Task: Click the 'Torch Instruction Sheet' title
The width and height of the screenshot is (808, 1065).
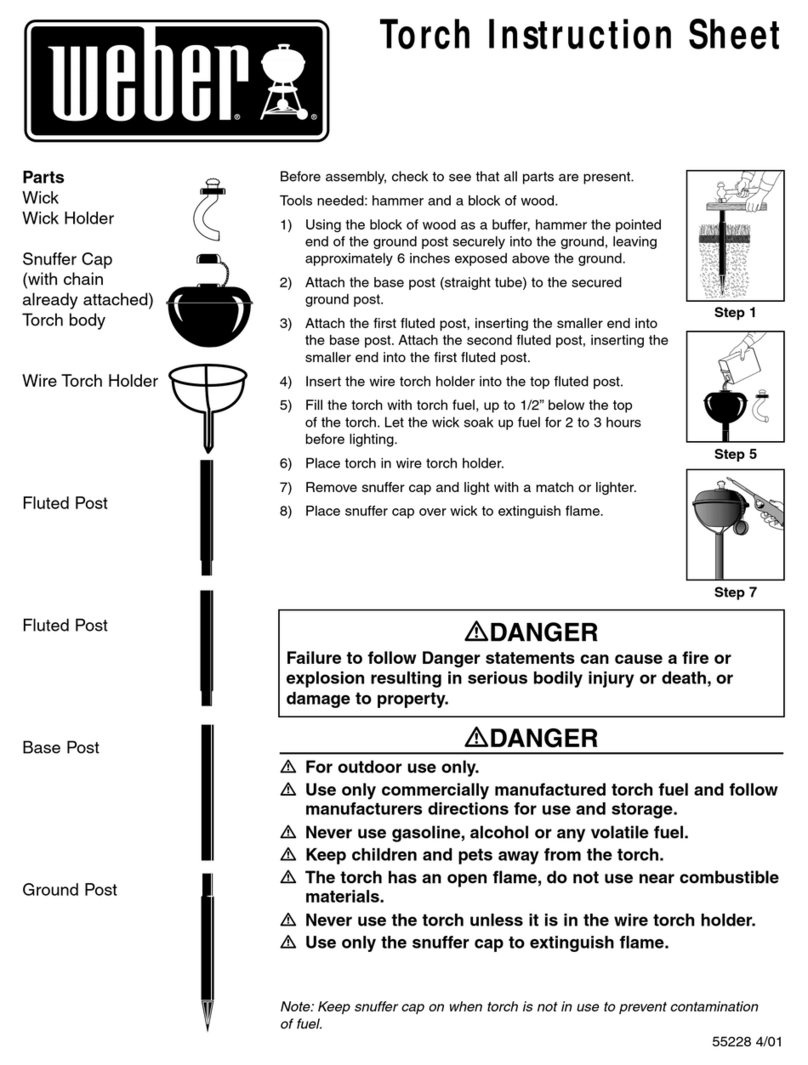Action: (579, 36)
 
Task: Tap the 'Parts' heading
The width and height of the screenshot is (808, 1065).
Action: (44, 178)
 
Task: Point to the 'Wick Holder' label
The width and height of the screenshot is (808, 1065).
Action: (68, 218)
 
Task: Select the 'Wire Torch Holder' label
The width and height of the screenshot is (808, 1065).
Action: (90, 380)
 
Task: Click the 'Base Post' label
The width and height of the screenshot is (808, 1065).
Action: (61, 747)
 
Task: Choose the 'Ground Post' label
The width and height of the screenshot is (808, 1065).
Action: (70, 889)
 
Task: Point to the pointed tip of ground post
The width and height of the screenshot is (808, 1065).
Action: (207, 1025)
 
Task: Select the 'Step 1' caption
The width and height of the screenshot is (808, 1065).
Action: (735, 314)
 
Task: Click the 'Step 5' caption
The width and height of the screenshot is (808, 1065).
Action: (735, 454)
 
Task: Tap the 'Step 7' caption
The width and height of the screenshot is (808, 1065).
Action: (735, 593)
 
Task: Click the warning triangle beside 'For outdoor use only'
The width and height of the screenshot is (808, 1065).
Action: (288, 768)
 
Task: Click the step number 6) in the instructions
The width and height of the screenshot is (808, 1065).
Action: (285, 463)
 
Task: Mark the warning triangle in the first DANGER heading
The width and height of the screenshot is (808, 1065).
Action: (475, 633)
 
